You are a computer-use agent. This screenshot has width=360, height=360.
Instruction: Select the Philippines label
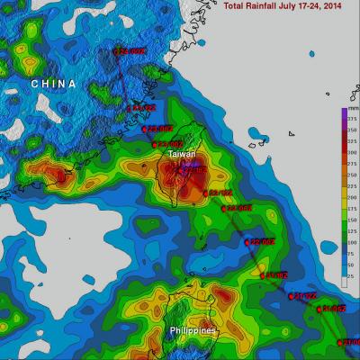tap(193, 331)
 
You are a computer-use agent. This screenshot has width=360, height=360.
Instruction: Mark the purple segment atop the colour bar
tap(344, 113)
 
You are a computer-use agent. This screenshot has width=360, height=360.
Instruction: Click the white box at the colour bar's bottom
tap(344, 283)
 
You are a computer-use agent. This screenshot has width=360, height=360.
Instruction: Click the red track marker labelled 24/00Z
tap(117, 51)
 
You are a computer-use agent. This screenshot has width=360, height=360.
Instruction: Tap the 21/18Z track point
tap(262, 274)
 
